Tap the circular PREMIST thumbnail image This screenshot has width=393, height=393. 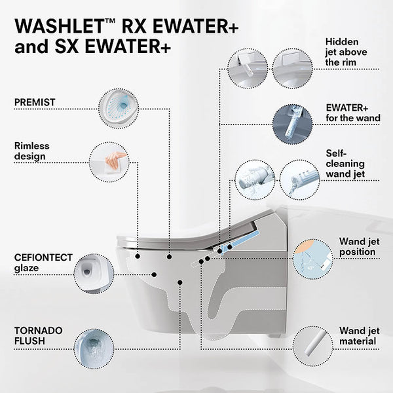119,108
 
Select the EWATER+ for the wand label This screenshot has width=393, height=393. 351,113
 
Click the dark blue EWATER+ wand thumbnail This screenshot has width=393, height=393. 292,124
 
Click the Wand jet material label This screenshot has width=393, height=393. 358,336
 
